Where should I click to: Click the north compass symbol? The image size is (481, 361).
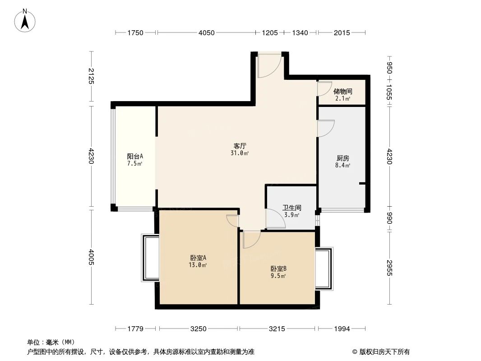coord(25,20)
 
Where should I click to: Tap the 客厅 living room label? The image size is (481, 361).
coord(240,146)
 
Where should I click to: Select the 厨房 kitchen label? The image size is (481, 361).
coord(343,158)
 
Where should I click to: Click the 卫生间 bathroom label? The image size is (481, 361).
coord(292,208)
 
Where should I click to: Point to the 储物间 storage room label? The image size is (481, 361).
coord(343,91)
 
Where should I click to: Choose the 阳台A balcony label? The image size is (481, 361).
coord(135,156)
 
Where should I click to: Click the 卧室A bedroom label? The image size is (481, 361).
coord(198,258)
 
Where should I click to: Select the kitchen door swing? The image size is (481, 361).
coord(325,128)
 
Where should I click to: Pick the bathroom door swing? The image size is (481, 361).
coord(276,219)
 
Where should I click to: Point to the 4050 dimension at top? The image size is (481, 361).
coord(207,32)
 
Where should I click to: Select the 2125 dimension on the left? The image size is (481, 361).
coord(91,76)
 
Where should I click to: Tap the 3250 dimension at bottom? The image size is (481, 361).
coord(198,329)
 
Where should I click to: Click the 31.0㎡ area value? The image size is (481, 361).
coord(240,153)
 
